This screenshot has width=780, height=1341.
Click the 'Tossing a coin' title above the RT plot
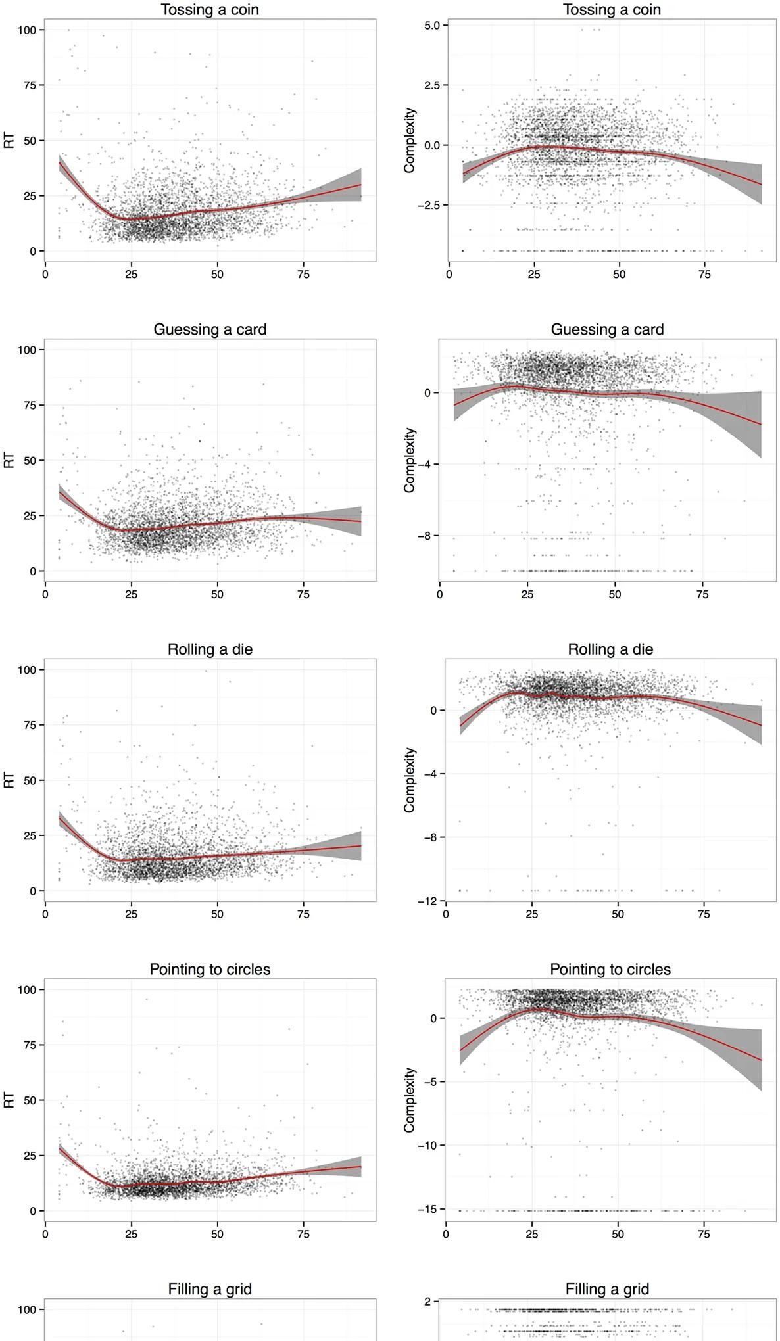(210, 10)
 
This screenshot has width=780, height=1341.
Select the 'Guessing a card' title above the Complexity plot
(607, 329)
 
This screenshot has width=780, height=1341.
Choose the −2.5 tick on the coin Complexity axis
(431, 205)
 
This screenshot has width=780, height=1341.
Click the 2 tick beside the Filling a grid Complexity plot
(428, 1301)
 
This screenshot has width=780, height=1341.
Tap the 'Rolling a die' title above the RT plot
(210, 649)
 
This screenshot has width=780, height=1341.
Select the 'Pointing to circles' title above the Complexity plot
(610, 969)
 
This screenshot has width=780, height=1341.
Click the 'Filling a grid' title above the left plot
(210, 1289)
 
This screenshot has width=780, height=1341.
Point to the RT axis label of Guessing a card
(9, 460)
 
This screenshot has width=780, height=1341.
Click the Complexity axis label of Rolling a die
(410, 780)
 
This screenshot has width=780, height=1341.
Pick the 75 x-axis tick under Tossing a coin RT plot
(303, 275)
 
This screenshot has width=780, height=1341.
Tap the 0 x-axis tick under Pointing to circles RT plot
(45, 1234)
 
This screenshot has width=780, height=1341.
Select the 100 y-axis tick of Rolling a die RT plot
(26, 670)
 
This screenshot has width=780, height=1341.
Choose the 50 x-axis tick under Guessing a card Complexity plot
(615, 594)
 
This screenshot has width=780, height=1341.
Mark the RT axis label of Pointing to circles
(9, 1100)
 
